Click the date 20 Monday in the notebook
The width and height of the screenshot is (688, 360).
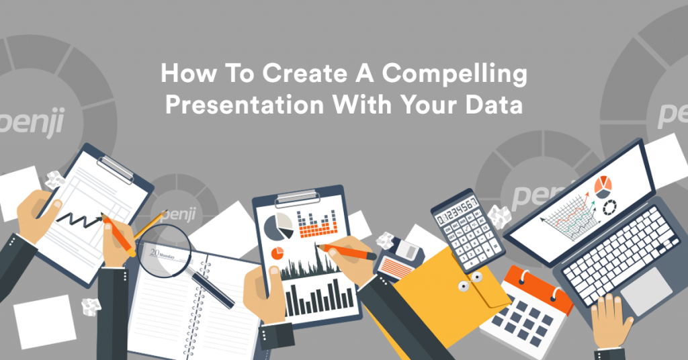point(161,255)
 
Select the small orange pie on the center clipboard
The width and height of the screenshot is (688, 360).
point(276,253)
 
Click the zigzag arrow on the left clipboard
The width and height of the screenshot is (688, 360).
point(78,216)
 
